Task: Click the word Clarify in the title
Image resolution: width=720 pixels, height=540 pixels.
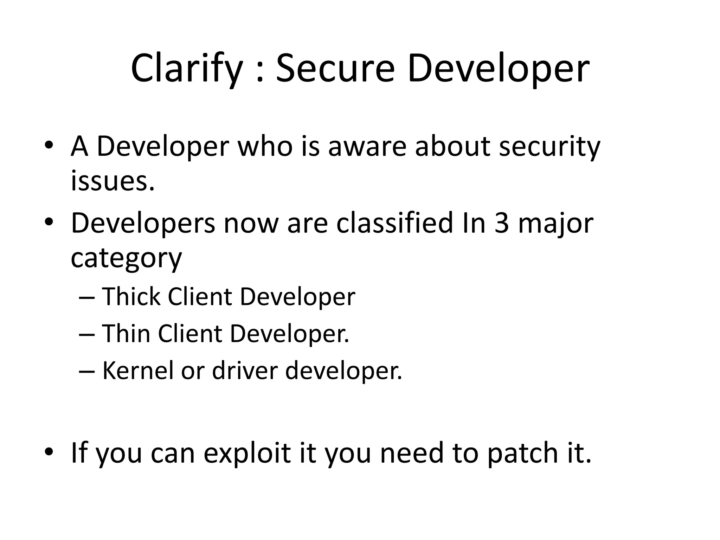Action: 186,69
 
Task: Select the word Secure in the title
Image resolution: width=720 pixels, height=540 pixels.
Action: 335,69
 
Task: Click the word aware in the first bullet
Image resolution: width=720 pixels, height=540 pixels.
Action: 367,147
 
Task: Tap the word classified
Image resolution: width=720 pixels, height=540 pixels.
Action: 394,223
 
